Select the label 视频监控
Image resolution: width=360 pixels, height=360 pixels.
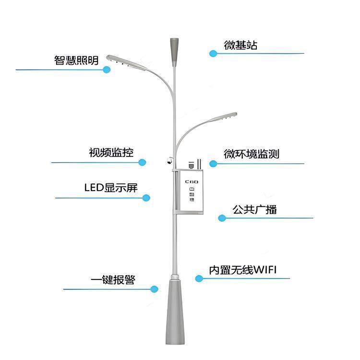click(x=111, y=153)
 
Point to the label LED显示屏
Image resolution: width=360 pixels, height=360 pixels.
click(x=111, y=187)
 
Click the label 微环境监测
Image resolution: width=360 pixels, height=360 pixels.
click(x=252, y=154)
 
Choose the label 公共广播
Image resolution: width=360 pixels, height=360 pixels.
click(x=254, y=210)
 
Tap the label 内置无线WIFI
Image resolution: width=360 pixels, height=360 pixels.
click(x=242, y=270)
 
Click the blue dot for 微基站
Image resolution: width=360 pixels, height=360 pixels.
click(x=213, y=53)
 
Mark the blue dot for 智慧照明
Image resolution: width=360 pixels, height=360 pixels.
click(x=107, y=70)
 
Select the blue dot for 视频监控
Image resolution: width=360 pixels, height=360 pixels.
click(x=142, y=163)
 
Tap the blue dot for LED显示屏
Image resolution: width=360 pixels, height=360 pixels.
click(x=147, y=197)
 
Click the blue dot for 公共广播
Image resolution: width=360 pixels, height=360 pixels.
click(x=222, y=218)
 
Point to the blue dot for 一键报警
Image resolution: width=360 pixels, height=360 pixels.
click(x=155, y=288)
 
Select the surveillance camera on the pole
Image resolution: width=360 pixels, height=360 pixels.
click(x=168, y=161)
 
